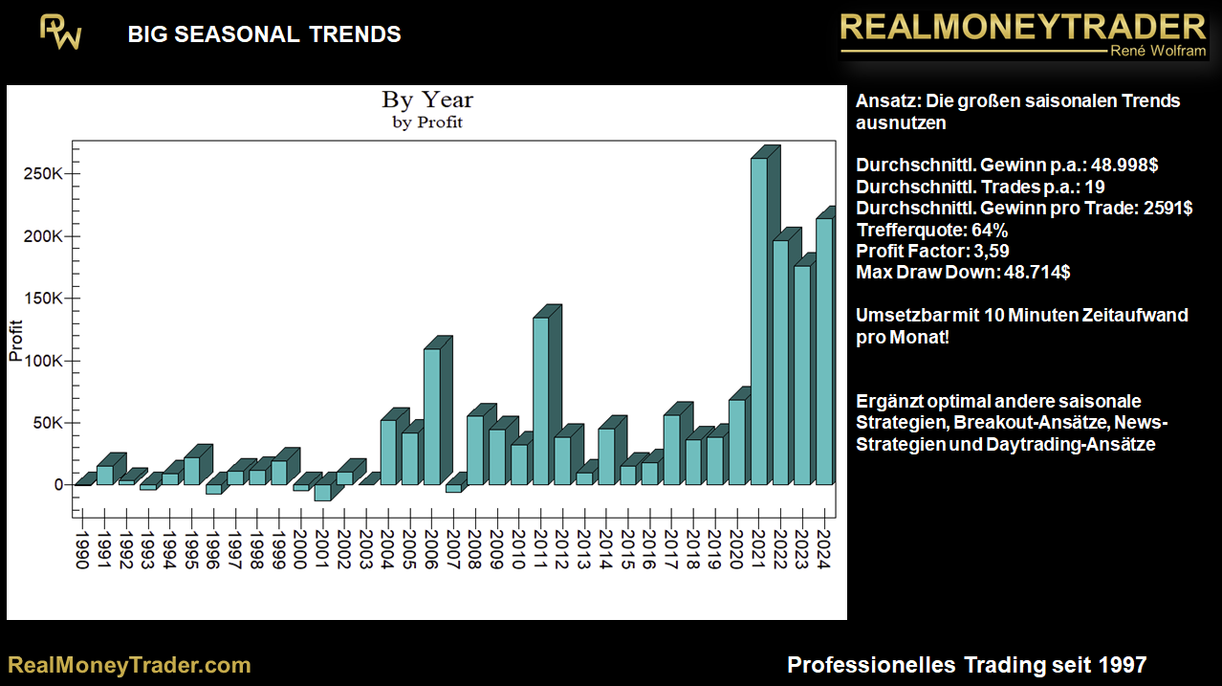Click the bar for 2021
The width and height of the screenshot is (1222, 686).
[x=758, y=321]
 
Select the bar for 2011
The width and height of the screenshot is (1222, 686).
[x=540, y=401]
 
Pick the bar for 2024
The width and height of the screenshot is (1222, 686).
[x=823, y=351]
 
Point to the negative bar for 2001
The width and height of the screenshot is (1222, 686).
[x=322, y=492]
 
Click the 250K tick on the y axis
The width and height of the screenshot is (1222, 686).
[x=45, y=174]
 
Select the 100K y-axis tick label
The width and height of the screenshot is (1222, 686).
[x=45, y=361]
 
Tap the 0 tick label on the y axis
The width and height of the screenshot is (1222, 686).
[x=58, y=485]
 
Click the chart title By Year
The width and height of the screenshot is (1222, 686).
[x=427, y=100]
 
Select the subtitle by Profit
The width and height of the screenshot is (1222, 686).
[x=427, y=122]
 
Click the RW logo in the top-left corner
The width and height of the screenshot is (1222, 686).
[x=60, y=33]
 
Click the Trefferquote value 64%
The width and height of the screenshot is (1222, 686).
[x=988, y=231]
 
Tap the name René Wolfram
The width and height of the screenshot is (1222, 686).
[x=1158, y=51]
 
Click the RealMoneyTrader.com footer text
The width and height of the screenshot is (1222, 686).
[x=129, y=665]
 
